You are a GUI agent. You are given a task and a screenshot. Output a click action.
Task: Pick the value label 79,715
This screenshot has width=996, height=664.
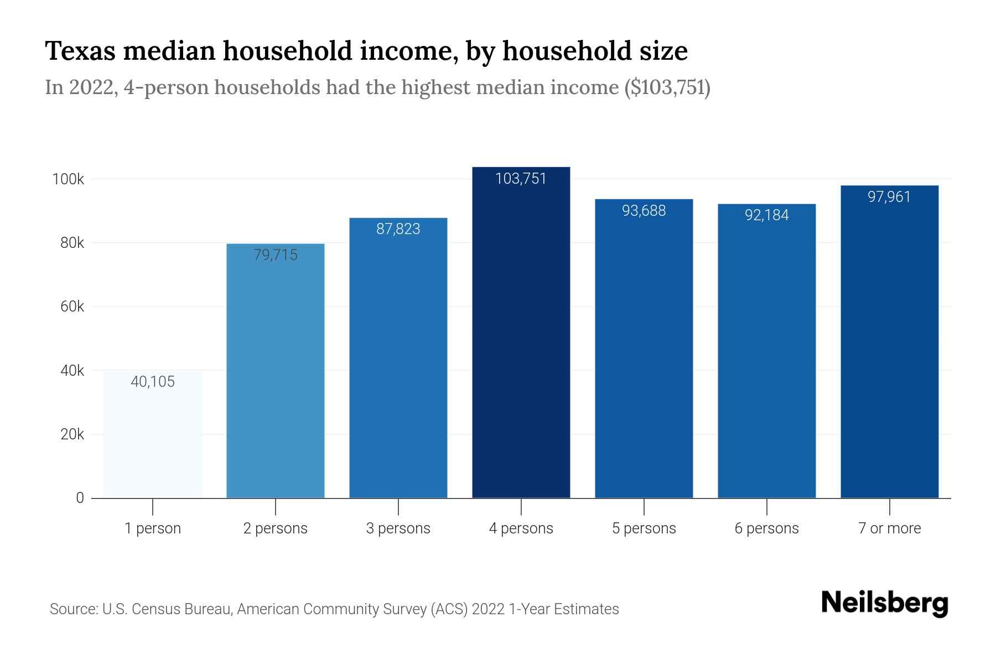(x=275, y=255)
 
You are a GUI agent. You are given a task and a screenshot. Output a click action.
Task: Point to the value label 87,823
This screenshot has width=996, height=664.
(x=398, y=229)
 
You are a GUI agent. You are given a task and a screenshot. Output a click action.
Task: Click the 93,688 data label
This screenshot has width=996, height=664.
(x=644, y=211)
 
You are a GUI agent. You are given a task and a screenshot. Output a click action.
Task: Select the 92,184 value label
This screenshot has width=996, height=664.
(x=766, y=215)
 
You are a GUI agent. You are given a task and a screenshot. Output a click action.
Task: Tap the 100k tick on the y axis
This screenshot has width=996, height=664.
(x=68, y=179)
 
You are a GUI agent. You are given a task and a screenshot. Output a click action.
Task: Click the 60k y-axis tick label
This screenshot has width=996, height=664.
(x=72, y=307)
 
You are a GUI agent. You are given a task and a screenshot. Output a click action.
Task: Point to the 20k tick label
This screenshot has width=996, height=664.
(x=72, y=434)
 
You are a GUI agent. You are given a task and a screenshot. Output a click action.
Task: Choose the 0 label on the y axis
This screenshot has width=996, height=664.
(x=80, y=498)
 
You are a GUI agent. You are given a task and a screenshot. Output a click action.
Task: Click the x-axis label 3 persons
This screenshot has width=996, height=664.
(x=398, y=528)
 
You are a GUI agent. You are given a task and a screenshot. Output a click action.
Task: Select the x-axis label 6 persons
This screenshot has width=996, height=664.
(x=766, y=528)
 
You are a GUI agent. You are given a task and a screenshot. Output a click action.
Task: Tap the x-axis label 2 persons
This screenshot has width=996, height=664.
(x=275, y=528)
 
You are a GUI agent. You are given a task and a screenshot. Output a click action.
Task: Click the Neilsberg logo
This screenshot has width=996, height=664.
(x=884, y=603)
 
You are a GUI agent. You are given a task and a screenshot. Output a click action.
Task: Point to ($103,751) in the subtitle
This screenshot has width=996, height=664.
(x=667, y=87)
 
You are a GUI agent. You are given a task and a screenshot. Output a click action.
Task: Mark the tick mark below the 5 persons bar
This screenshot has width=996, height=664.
(x=644, y=507)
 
